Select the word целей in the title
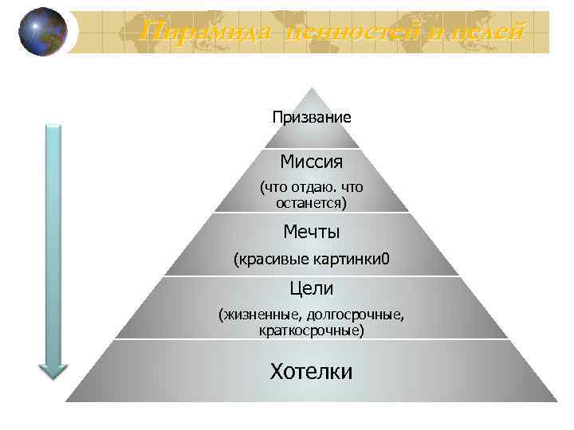(487, 33)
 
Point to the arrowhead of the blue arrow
(53, 369)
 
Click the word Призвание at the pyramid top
(312, 117)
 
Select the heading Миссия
(312, 162)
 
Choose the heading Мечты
(312, 232)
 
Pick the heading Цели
(312, 287)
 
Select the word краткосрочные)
(312, 329)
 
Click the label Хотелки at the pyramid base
(312, 371)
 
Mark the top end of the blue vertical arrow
(53, 127)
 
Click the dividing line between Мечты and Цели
(312, 276)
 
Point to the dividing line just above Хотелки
(312, 339)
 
